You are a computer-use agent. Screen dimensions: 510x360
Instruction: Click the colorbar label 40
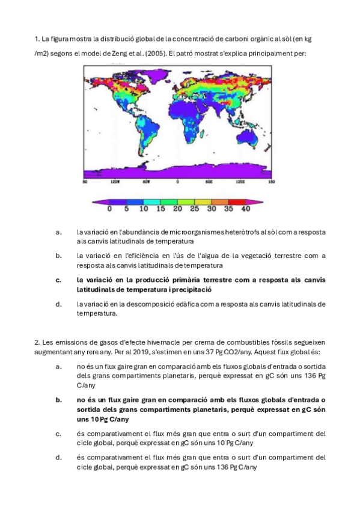[245, 209]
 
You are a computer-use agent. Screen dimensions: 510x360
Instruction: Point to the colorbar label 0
[109, 209]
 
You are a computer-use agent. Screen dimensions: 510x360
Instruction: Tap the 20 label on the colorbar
[177, 209]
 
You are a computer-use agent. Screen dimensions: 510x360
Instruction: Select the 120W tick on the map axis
[112, 181]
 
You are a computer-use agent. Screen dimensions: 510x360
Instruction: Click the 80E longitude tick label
[209, 181]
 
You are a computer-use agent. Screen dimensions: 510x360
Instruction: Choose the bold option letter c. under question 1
[58, 280]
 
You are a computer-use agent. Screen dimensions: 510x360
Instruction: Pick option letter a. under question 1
[58, 232]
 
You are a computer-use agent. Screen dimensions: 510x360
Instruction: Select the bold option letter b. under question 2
[58, 400]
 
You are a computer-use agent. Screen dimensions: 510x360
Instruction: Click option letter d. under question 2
[58, 458]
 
